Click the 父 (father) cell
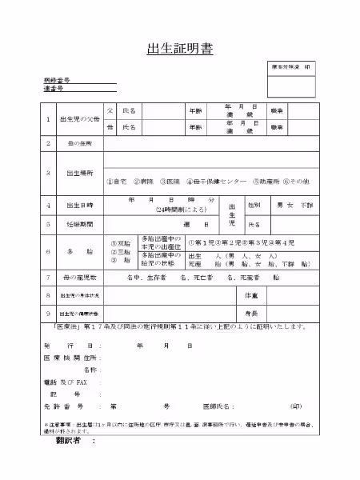point(111,110)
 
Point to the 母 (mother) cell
point(111,127)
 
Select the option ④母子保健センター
point(214,182)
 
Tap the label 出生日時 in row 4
point(79,205)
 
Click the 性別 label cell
point(255,205)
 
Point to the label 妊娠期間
point(79,225)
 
